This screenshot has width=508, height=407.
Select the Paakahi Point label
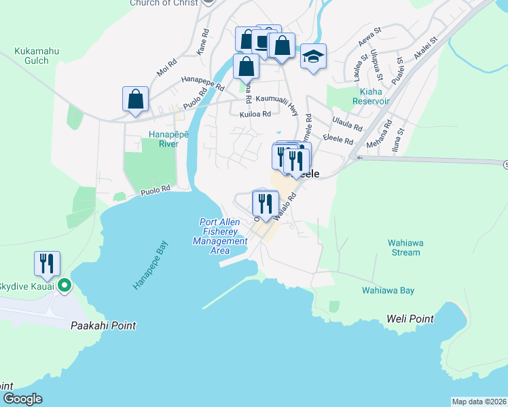click(103, 326)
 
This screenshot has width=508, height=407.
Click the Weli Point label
click(410, 318)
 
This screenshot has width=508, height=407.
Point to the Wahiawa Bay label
click(388, 290)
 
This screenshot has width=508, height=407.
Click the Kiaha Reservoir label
click(370, 96)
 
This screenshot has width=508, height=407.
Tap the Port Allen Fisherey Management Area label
click(220, 236)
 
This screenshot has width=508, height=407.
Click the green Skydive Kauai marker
click(65, 286)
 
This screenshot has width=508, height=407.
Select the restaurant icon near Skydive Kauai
click(47, 263)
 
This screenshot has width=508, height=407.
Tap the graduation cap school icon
click(313, 56)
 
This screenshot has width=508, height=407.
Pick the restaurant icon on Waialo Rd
click(265, 203)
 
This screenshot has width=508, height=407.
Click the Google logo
click(22, 399)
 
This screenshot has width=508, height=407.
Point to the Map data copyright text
click(478, 402)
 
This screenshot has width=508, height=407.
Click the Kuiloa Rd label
click(255, 114)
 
